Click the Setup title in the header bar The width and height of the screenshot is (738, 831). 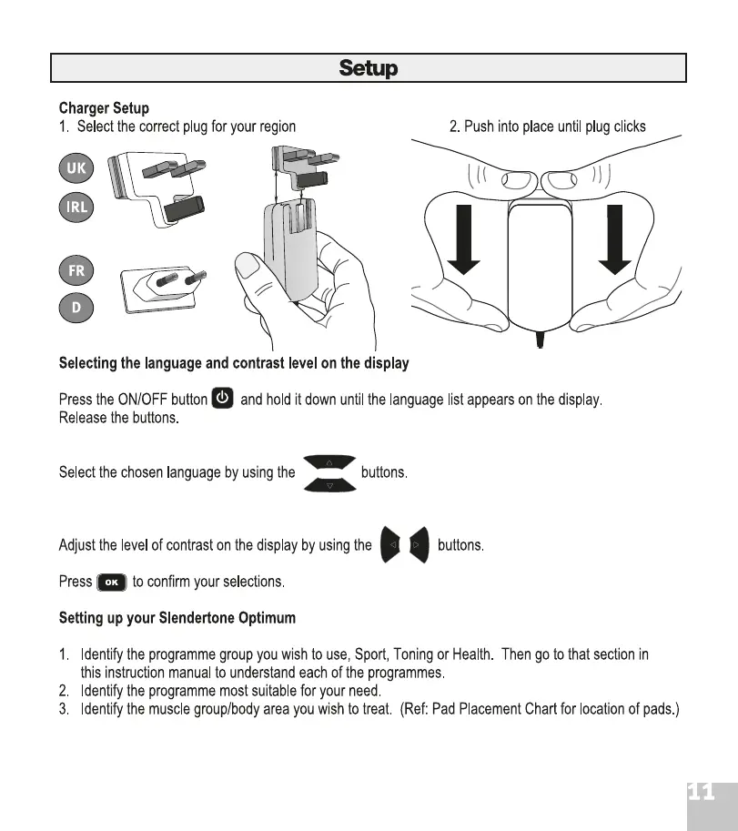[x=368, y=68]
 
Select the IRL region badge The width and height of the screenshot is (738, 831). [x=76, y=207]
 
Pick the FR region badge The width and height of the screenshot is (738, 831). [x=76, y=270]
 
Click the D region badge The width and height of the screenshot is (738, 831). [x=76, y=308]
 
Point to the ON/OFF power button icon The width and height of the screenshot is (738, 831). [x=223, y=399]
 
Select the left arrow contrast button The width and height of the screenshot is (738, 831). [x=391, y=545]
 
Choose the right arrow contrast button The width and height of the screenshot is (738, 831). [x=418, y=545]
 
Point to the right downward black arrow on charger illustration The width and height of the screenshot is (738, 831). [x=615, y=238]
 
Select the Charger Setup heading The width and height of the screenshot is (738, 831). [x=104, y=109]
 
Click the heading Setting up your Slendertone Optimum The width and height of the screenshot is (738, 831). [x=177, y=618]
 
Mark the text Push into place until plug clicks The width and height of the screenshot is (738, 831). [x=547, y=127]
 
